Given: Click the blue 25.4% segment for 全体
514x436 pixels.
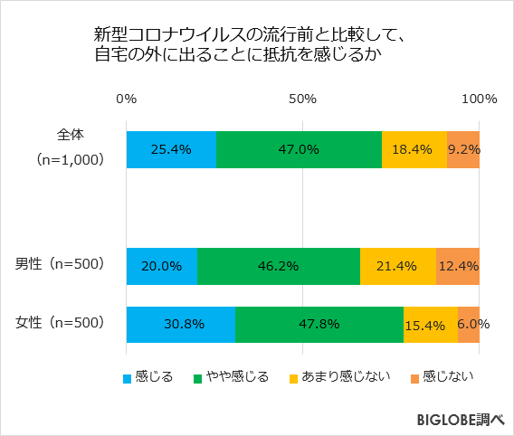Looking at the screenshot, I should coord(171,149).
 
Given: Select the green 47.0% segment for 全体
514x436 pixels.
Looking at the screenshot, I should coord(299,149).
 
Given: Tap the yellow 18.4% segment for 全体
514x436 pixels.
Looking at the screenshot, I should coord(414,149).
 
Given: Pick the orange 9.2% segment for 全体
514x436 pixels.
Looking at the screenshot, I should coord(463,149).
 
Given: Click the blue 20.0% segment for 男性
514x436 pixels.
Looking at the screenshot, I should coord(162,266).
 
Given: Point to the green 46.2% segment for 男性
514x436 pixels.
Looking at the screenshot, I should coord(279,266).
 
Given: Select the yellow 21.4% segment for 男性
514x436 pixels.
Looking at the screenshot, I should coord(398,266).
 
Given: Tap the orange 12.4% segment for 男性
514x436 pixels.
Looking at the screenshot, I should coord(458,266).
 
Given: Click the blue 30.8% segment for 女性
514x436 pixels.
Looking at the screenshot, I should coord(181,324).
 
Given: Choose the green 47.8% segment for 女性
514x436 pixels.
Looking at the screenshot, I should coord(319,324).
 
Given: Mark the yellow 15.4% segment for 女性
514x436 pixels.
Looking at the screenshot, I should coord(431,324).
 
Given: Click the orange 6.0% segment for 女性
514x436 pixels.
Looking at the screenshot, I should coord(469,324).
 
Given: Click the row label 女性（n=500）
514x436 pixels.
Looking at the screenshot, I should coord(61,322).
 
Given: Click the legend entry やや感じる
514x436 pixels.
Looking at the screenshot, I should coord(237,376).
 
